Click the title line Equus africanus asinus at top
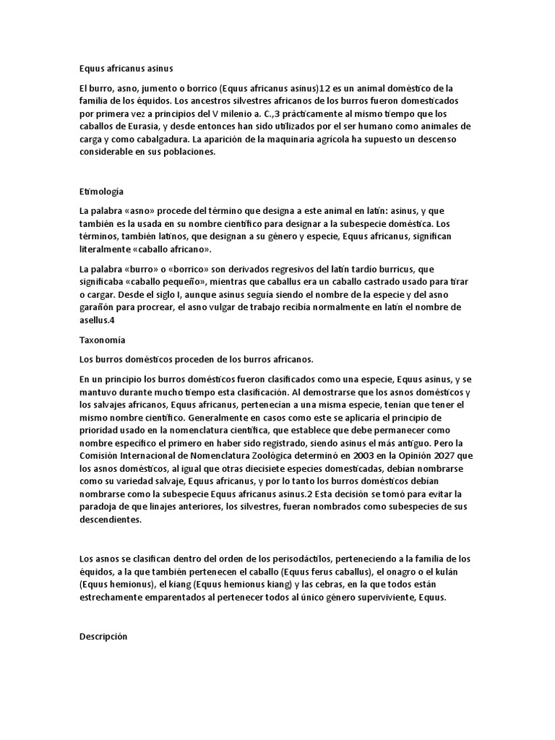(126, 69)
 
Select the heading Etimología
(101, 192)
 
